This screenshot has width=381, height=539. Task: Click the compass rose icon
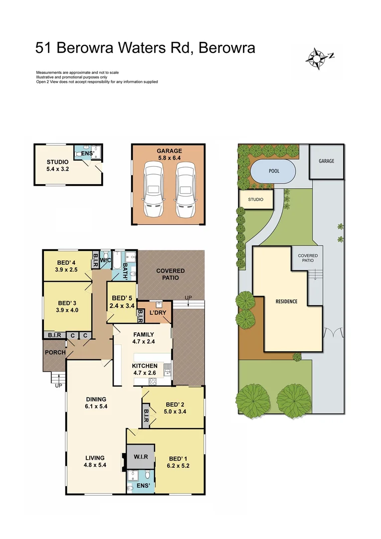[x=316, y=57]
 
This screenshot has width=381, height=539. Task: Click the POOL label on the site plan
[x=274, y=171]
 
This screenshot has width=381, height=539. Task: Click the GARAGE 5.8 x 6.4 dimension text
[x=169, y=158]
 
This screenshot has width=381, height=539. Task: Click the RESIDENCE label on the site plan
[x=286, y=301]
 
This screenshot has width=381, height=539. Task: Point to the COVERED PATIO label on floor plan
[x=171, y=274]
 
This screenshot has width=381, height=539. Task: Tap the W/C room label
[x=106, y=260]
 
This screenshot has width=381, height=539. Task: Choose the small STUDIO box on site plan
[x=256, y=200]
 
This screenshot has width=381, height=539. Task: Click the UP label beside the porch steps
[x=58, y=386]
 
